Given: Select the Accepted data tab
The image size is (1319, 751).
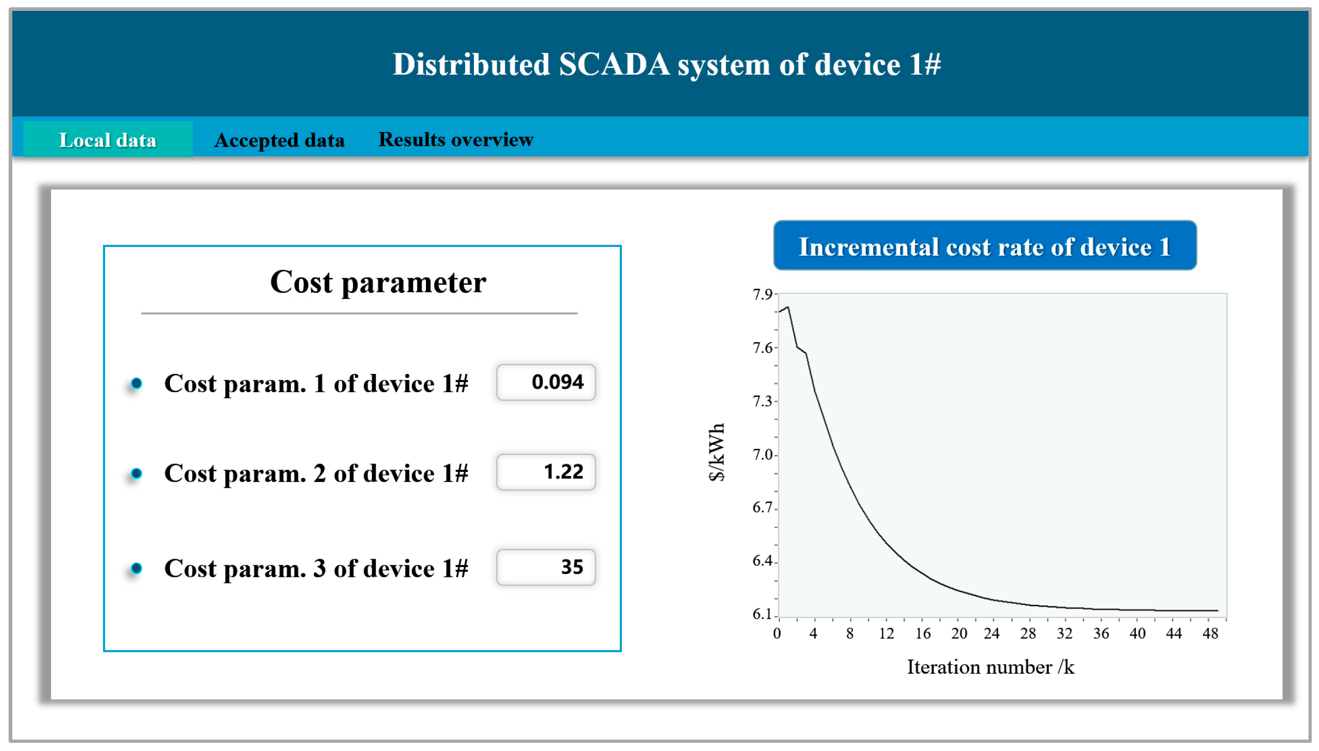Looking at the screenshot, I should click(x=279, y=140).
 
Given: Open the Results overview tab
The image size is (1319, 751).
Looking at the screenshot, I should click(x=456, y=139).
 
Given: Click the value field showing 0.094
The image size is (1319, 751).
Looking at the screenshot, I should click(x=545, y=382).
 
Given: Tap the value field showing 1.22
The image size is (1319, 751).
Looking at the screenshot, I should click(x=545, y=472).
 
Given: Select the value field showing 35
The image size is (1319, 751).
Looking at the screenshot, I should click(x=545, y=567).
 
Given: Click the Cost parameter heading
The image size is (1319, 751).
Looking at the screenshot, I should click(x=378, y=282).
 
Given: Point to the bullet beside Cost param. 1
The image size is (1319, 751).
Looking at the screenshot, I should click(x=136, y=383).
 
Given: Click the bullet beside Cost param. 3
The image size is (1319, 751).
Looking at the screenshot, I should click(x=136, y=568).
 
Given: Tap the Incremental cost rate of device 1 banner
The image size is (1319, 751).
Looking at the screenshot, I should click(x=984, y=246).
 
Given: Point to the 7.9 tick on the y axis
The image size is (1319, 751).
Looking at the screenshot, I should click(x=762, y=295).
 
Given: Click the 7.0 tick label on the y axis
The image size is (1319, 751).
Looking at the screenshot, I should click(x=762, y=455).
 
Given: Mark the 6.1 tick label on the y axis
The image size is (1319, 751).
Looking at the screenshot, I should click(x=762, y=614).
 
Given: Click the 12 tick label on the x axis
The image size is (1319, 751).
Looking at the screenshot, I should click(x=886, y=633).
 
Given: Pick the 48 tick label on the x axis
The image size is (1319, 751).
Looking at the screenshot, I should click(x=1210, y=633).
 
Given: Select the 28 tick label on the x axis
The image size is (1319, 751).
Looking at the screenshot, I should click(x=1027, y=633).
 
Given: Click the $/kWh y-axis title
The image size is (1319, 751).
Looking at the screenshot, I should click(x=717, y=452).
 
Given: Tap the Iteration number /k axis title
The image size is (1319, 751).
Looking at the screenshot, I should click(x=991, y=667).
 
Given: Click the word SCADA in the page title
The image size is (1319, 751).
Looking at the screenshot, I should click(x=614, y=65).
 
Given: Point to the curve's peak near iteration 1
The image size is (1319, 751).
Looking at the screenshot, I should click(x=788, y=307).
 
